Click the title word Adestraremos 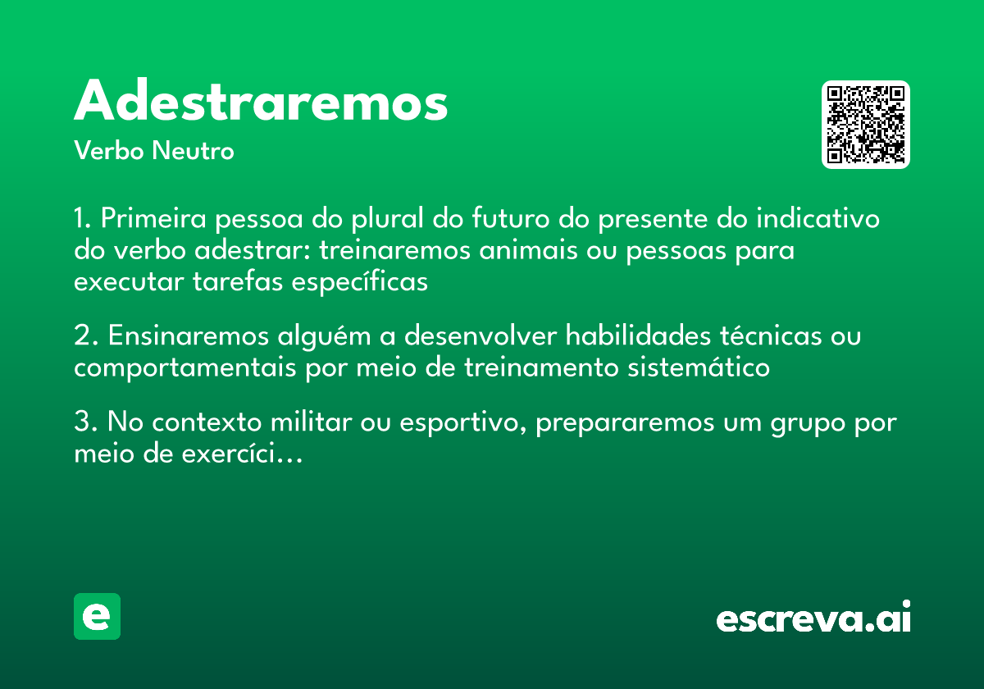point(261,102)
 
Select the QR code point(866,125)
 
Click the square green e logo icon point(97,616)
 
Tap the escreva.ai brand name point(813,619)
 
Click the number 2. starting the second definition point(85,336)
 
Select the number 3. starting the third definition point(85,423)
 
